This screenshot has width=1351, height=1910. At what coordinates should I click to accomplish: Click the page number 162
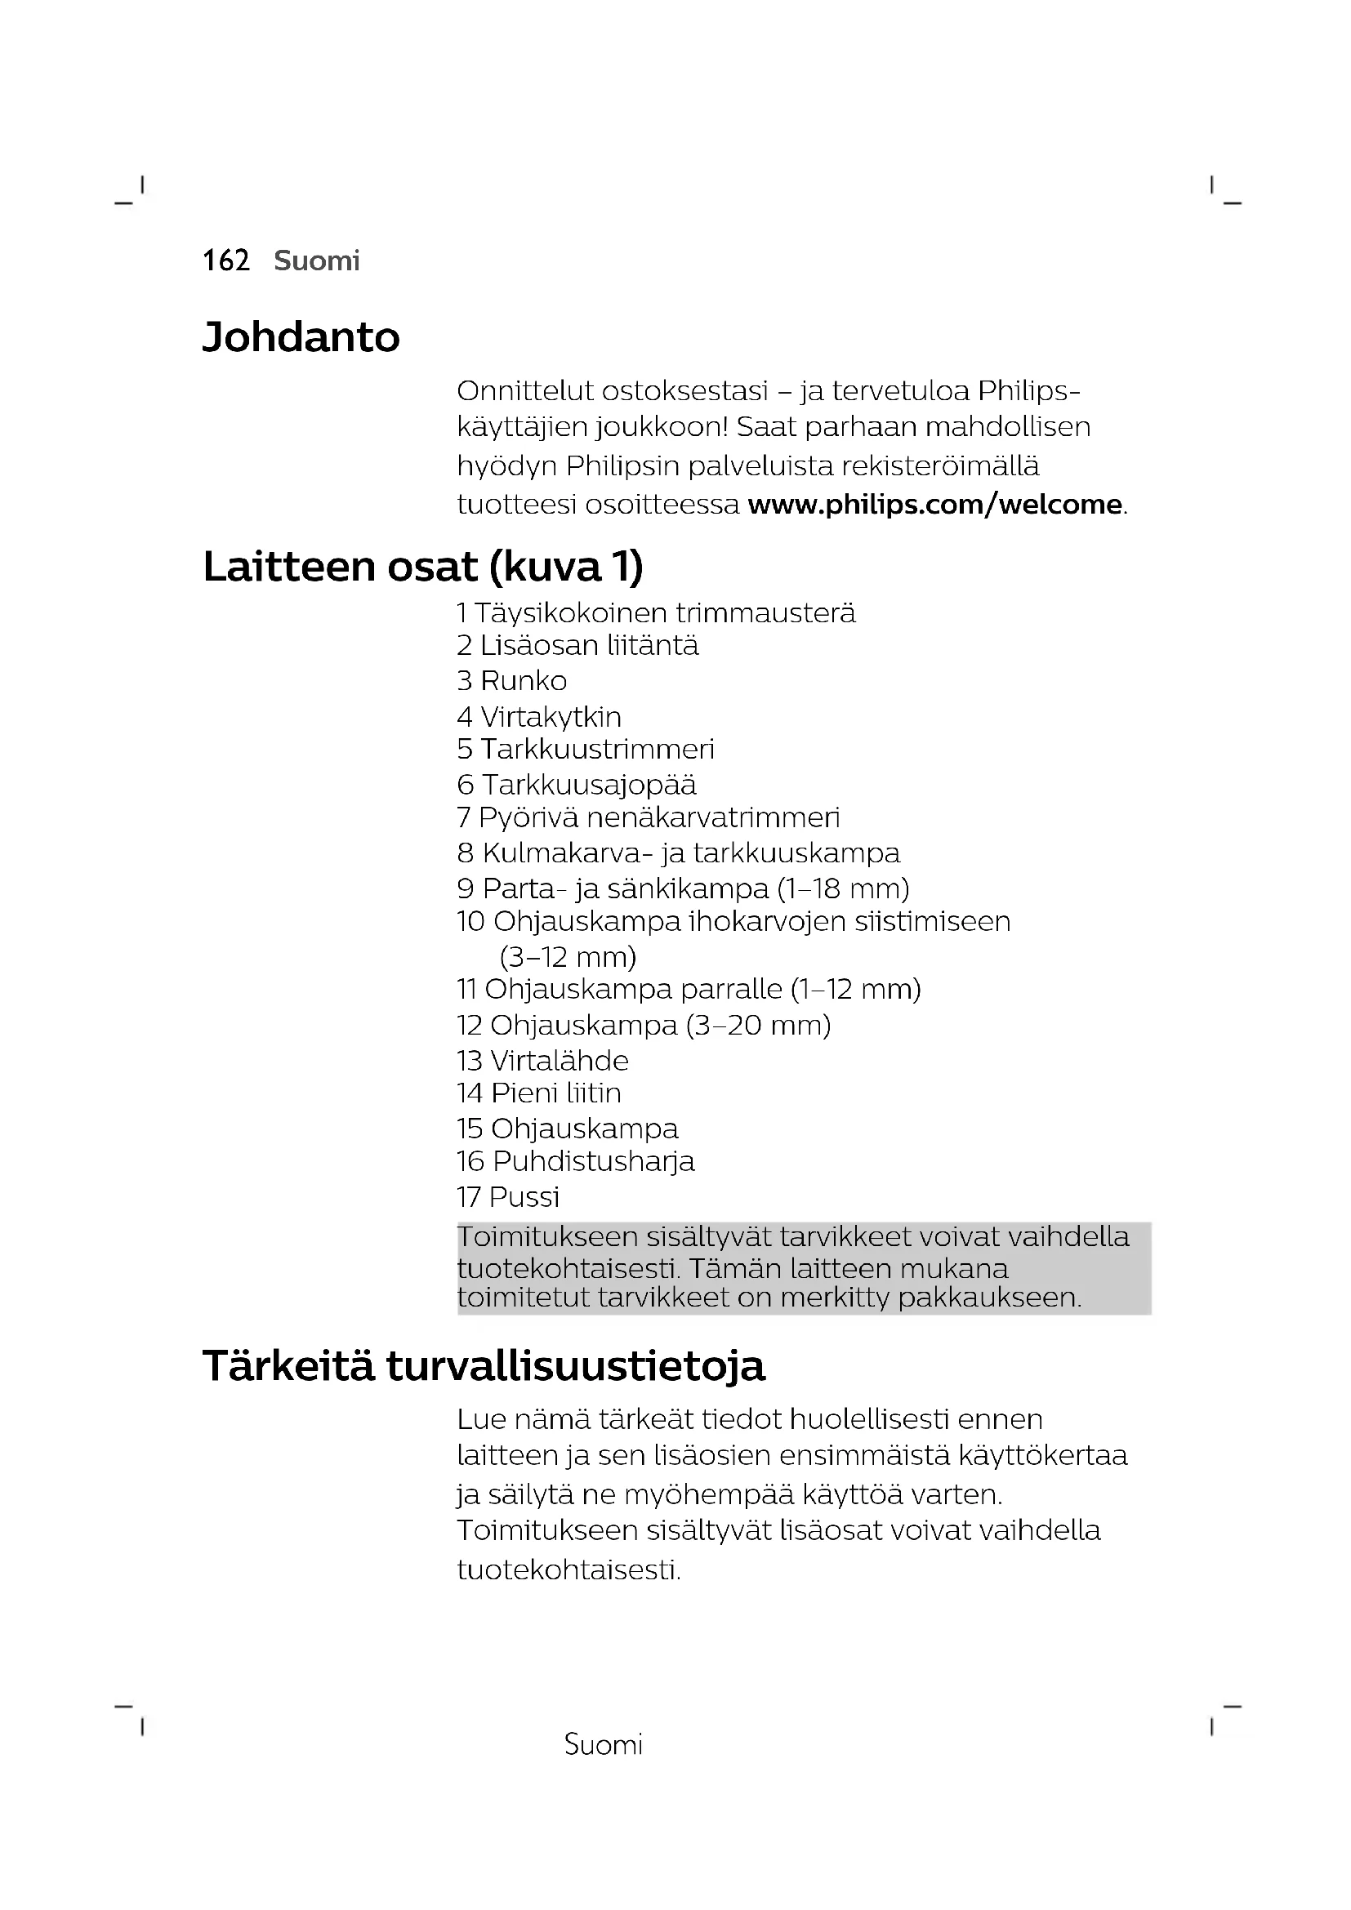pos(225,261)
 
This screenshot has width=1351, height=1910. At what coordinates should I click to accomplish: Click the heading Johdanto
pos(301,338)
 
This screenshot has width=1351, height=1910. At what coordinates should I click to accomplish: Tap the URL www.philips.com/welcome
pos(934,505)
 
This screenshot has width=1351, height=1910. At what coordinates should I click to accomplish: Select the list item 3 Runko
pos(511,681)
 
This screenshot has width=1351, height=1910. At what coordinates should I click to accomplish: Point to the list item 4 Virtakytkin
pos(539,717)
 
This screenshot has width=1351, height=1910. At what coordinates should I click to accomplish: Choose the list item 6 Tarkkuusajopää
pos(577,786)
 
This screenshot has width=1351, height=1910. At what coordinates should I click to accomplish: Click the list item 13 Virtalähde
pos(542,1062)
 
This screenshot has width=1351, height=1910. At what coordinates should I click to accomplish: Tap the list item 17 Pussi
pos(508,1198)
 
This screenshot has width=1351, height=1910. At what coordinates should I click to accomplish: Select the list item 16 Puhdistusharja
pos(576,1162)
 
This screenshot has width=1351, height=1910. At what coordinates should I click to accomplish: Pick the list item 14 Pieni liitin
pos(539,1094)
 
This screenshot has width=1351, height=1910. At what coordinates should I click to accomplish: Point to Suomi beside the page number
pos(317,261)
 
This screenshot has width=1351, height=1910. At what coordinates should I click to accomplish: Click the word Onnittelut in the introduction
pos(525,391)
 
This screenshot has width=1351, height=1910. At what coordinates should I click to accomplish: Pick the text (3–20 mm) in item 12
pos(759,1026)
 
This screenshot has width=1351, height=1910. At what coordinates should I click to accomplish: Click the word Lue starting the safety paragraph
pos(482,1420)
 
